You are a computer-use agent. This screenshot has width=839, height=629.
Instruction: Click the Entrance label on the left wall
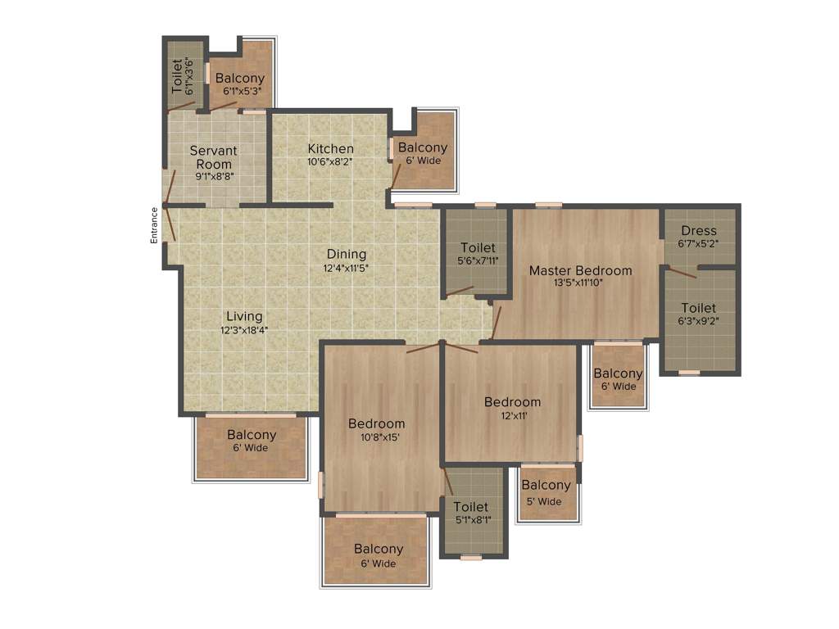tap(153, 224)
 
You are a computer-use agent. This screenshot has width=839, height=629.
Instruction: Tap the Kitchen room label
tap(330, 148)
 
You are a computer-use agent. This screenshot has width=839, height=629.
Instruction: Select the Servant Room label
tap(213, 157)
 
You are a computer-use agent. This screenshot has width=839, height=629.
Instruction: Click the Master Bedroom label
tap(580, 270)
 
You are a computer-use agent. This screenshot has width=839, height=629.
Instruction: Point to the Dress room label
tap(698, 231)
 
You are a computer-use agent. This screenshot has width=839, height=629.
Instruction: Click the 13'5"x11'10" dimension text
tap(580, 283)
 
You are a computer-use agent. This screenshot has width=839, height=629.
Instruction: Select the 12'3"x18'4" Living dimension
tap(244, 330)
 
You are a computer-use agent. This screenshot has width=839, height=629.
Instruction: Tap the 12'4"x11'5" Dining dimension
tap(347, 267)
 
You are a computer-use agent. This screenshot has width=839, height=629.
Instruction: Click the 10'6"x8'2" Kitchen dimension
tap(330, 161)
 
